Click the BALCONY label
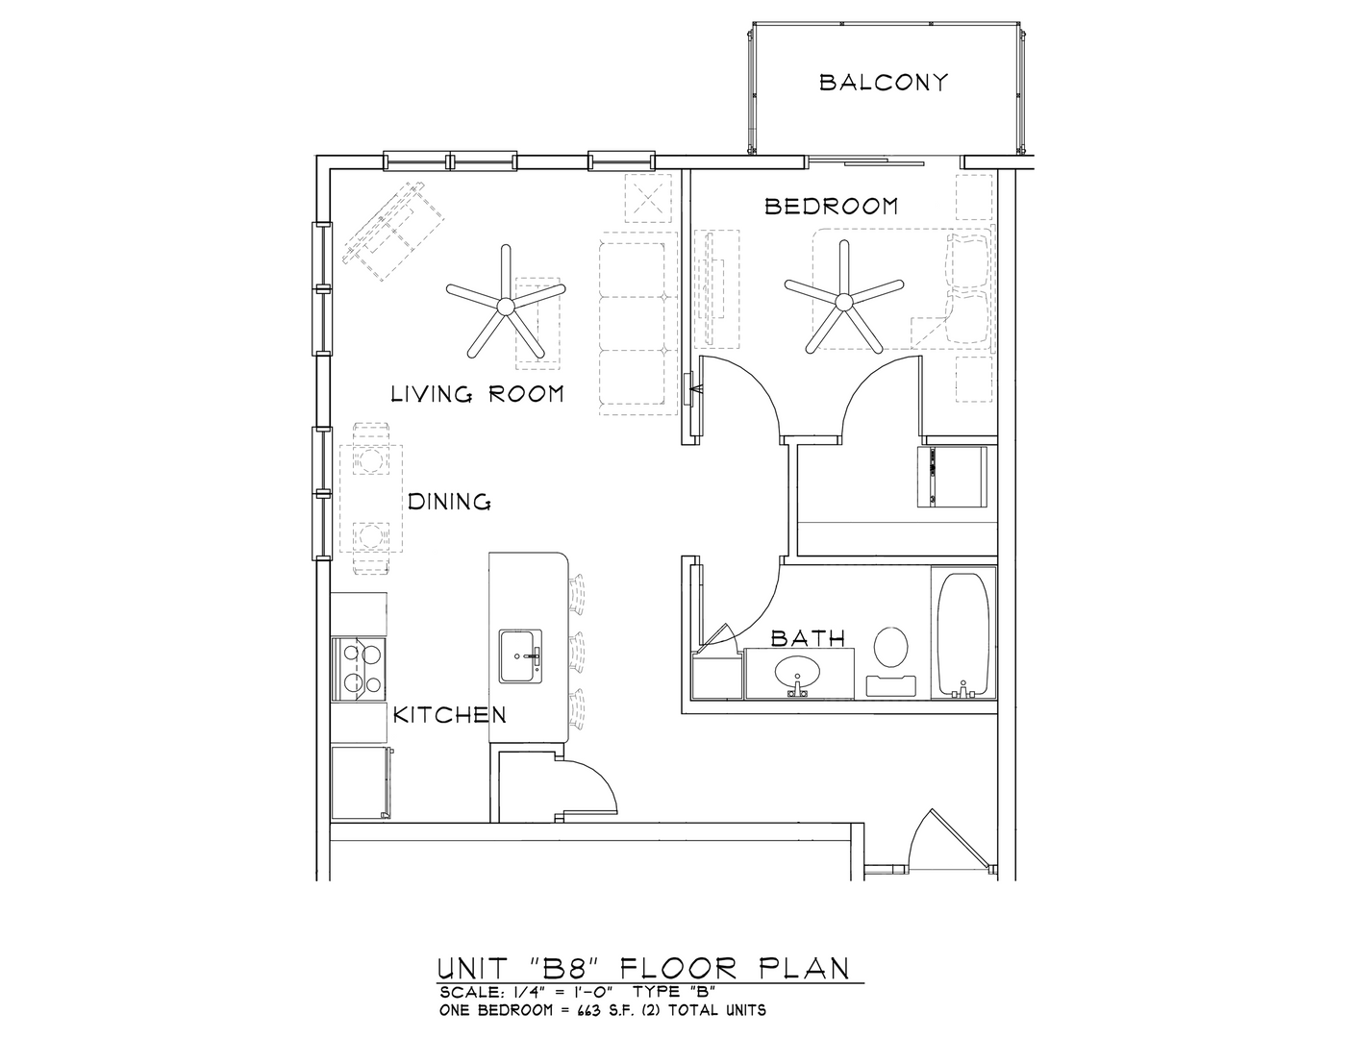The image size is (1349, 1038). (x=884, y=83)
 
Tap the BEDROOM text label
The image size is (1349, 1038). (x=832, y=206)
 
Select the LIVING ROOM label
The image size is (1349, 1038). (x=478, y=394)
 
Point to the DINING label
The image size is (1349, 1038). (x=449, y=502)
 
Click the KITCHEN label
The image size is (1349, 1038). (x=450, y=715)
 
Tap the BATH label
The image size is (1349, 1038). (x=808, y=638)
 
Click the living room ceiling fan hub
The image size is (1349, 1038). (x=506, y=306)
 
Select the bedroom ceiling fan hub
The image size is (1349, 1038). (x=843, y=302)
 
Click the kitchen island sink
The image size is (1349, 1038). (x=520, y=656)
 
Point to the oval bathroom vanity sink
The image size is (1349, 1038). (x=797, y=671)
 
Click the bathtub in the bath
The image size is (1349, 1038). (x=962, y=634)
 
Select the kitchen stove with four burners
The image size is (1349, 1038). (x=359, y=670)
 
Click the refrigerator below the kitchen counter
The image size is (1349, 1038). (x=362, y=783)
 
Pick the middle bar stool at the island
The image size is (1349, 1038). (x=577, y=652)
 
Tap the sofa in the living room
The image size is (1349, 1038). (x=637, y=323)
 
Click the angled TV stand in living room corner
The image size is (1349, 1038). (x=393, y=231)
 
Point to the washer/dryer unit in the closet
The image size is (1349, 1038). (x=952, y=477)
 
